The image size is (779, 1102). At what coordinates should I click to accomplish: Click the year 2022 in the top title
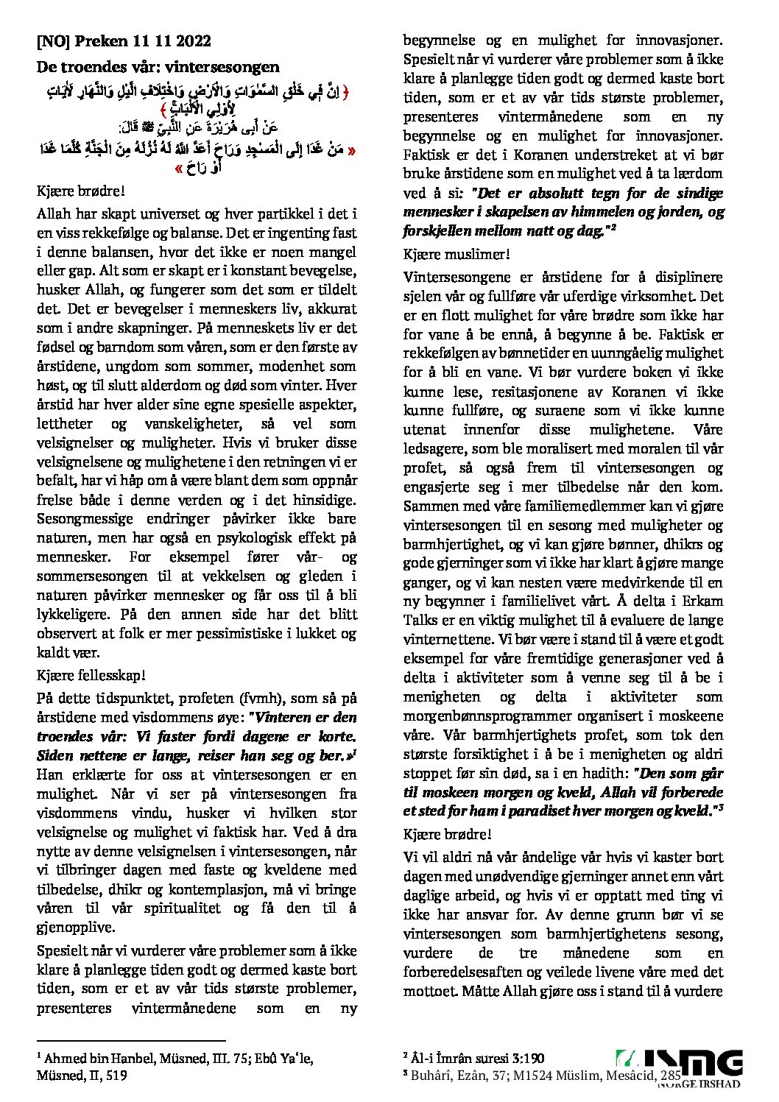194,41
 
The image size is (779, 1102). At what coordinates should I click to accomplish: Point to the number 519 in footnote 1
116,1075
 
